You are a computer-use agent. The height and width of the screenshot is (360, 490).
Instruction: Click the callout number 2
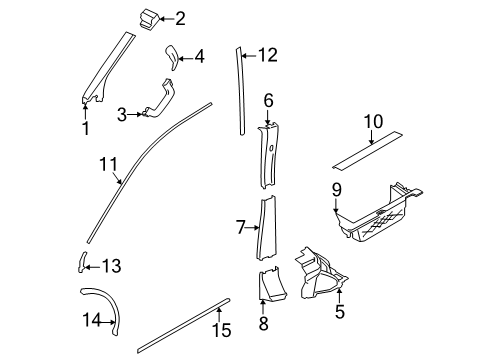180,19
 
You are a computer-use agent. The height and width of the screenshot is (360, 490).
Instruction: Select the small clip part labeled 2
148,20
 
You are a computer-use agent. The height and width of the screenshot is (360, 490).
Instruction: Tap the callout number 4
199,57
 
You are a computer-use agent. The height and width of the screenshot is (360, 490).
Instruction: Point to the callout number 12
268,55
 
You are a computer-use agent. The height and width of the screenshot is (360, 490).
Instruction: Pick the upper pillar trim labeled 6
269,156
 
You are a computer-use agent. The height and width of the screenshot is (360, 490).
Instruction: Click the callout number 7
241,227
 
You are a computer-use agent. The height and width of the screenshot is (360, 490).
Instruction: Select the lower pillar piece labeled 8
272,283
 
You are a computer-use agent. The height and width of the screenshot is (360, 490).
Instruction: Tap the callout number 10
373,122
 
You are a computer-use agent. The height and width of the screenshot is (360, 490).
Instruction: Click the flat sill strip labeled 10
367,151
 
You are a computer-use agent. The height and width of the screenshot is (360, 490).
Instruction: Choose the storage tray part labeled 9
378,213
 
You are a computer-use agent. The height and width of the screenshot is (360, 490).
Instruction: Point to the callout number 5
340,312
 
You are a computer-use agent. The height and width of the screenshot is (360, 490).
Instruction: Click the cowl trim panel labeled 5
320,274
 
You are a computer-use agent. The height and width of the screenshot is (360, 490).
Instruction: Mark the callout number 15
222,330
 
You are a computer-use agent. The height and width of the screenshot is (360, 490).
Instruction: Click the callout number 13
111,266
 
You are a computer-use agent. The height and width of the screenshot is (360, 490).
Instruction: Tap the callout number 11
109,164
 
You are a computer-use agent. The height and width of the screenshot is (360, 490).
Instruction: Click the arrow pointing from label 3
135,114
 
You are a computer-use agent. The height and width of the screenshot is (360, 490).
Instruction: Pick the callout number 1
86,128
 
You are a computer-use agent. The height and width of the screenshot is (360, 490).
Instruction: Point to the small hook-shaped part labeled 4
173,57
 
